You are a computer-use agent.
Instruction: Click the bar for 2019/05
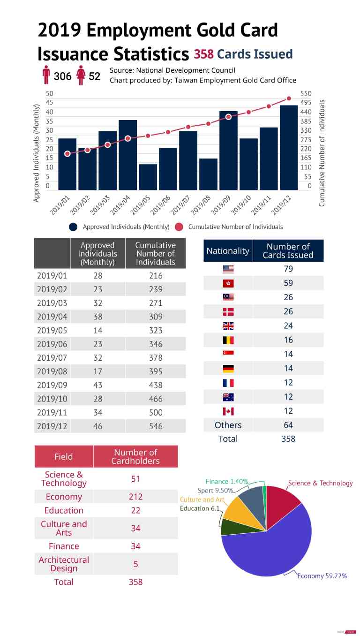[x=148, y=177]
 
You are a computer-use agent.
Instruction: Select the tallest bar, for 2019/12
[x=289, y=148]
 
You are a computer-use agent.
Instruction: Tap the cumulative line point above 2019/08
[x=208, y=123]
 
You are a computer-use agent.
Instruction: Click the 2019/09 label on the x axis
[x=220, y=205]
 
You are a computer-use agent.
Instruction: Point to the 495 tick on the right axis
[x=306, y=103]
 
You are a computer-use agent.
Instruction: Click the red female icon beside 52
[x=81, y=75]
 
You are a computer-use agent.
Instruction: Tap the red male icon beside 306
[x=46, y=75]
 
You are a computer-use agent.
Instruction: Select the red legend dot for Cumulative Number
[x=179, y=227]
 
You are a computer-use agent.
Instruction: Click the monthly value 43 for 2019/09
[x=98, y=385]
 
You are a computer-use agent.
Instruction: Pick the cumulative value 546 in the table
[x=156, y=426]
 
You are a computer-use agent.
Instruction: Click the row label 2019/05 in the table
[x=52, y=331]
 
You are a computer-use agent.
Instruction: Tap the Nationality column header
[x=228, y=251]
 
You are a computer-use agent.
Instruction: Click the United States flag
[x=228, y=269]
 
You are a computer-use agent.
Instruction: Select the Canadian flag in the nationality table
[x=228, y=411]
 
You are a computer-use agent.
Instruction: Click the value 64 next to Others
[x=288, y=425]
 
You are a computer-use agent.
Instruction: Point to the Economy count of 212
[x=135, y=497]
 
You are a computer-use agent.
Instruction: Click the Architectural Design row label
[x=64, y=564]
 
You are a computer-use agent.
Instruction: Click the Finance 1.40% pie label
[x=227, y=482]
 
